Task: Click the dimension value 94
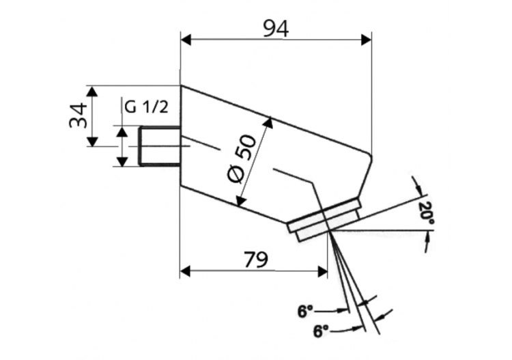(x=276, y=28)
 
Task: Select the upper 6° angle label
(x=304, y=311)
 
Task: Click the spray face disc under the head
(x=325, y=220)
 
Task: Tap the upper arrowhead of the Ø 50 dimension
(x=268, y=123)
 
